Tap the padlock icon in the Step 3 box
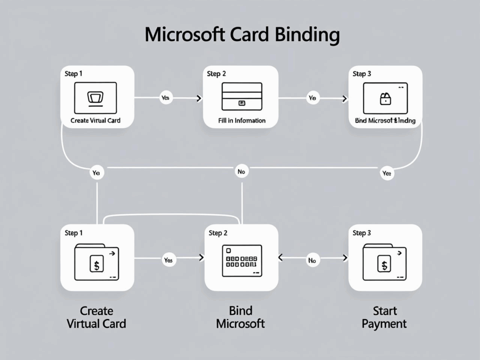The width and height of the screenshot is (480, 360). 385,98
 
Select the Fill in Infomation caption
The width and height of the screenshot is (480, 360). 242,120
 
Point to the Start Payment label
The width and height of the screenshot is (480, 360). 384,317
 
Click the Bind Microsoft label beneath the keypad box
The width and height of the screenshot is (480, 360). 240,317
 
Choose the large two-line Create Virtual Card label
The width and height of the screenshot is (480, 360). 96,317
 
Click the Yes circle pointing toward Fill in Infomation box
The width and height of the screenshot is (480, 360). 165,98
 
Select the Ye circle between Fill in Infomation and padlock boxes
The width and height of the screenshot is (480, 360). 312,98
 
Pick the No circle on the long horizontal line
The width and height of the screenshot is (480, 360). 241,172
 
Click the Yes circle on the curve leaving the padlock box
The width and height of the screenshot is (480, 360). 386,173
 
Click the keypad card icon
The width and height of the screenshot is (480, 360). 241,261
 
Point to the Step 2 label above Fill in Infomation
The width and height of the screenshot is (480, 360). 217,74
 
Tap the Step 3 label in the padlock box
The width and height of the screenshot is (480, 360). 362,74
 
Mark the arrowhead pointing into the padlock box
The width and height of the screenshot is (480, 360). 345,98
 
